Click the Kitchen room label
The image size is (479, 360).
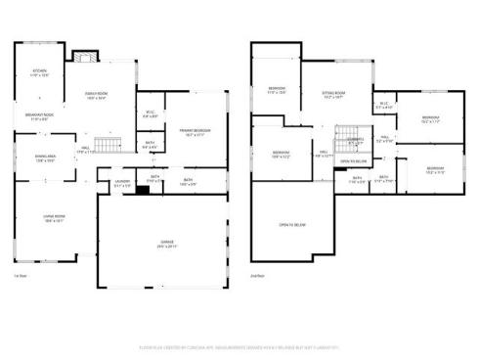(39, 73)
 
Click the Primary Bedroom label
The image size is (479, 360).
(196, 132)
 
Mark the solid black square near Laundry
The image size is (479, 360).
(142, 190)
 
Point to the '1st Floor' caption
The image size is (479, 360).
(21, 277)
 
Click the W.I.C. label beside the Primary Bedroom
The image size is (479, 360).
(151, 114)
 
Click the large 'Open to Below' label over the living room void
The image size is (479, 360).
(292, 225)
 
